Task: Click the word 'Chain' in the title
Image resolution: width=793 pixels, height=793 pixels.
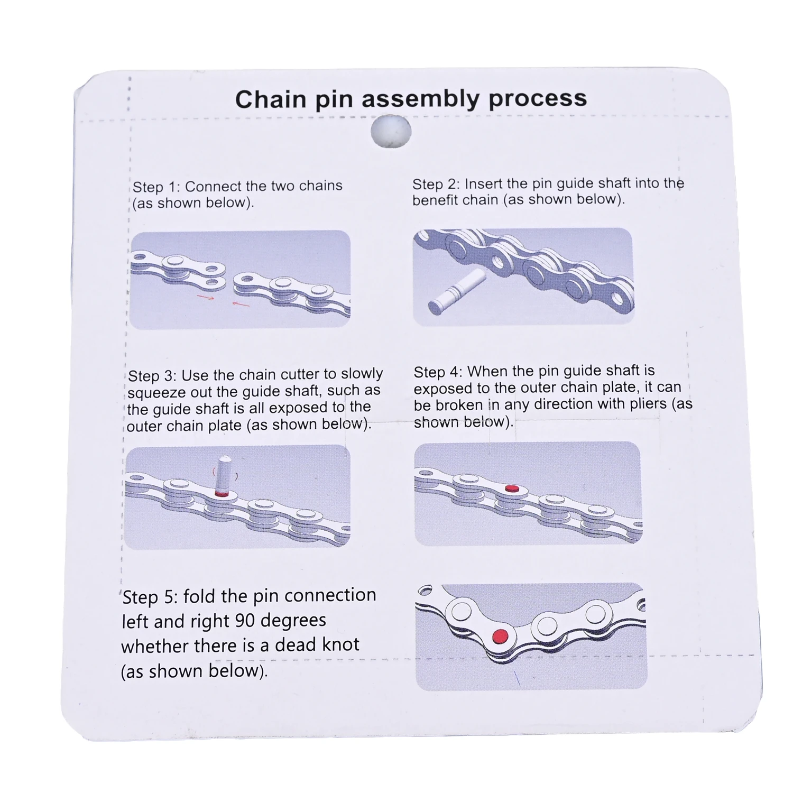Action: pyautogui.click(x=271, y=99)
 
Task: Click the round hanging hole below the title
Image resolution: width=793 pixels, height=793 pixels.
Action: pyautogui.click(x=391, y=132)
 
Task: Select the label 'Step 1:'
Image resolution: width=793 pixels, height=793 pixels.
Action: pyautogui.click(x=156, y=187)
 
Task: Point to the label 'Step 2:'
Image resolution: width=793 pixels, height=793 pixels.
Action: pyautogui.click(x=436, y=185)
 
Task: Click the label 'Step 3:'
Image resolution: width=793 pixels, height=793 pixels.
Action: pyautogui.click(x=152, y=375)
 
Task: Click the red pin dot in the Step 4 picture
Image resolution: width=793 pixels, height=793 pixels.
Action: pyautogui.click(x=510, y=488)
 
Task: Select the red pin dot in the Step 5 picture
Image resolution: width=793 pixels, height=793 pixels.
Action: pyautogui.click(x=500, y=634)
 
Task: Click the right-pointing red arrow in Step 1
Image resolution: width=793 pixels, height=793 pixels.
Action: pyautogui.click(x=206, y=298)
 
